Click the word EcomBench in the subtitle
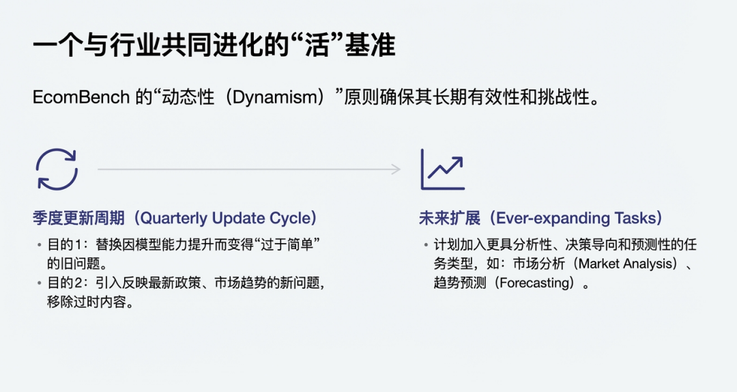click(81, 98)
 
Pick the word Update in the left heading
click(238, 219)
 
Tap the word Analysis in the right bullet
click(644, 264)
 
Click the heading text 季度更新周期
click(78, 219)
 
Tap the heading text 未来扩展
click(450, 219)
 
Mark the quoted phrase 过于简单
click(287, 244)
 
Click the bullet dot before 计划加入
click(426, 245)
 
